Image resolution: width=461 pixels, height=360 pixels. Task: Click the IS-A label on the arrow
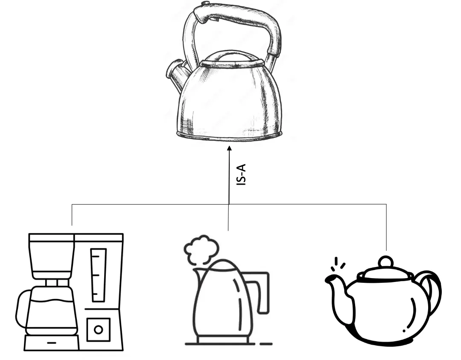(x=241, y=174)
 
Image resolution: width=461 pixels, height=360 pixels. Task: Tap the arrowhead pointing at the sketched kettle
(x=229, y=148)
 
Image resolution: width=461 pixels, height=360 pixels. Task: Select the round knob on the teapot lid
(x=385, y=262)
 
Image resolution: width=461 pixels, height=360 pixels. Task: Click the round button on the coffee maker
(x=99, y=330)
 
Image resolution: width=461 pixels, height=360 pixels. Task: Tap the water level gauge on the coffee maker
(x=99, y=276)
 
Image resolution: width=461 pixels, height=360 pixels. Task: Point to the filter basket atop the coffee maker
(x=52, y=256)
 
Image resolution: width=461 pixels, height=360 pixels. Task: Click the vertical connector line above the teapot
(x=386, y=227)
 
